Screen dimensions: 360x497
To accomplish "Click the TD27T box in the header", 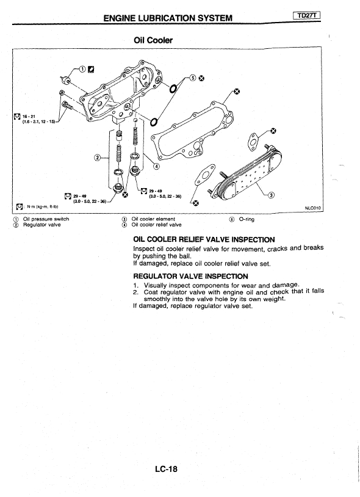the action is point(306,15).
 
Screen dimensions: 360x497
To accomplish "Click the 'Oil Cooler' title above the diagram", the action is point(153,40).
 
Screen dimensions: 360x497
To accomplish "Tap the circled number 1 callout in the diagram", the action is point(82,69).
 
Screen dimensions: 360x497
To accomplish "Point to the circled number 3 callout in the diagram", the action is point(271,195).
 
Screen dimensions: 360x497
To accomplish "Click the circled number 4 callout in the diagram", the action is point(157,166).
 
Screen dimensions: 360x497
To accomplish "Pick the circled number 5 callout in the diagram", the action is point(193,78).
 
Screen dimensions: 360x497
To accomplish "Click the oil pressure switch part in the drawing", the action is point(66,79).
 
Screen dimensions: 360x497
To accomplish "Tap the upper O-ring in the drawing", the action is point(172,89).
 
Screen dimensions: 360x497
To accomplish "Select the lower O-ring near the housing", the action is point(154,122).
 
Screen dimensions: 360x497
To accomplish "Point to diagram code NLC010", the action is point(312,208).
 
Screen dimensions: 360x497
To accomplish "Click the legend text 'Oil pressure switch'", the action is point(46,219).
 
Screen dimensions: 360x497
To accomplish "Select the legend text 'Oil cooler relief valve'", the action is point(156,225).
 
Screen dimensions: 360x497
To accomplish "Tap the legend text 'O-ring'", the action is point(247,219).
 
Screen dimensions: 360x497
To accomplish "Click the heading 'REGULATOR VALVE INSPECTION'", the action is point(190,276).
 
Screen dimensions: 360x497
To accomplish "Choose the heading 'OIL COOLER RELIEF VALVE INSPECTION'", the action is point(204,239).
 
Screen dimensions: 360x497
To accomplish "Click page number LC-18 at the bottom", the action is point(167,469).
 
